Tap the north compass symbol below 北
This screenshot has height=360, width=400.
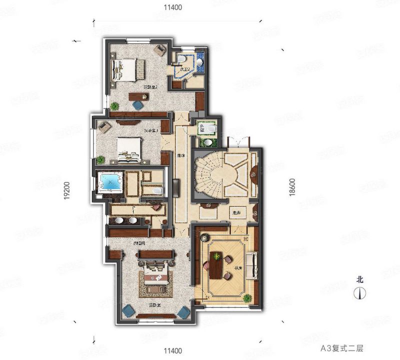pos(358,293)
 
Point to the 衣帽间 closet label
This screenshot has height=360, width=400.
pos(139,243)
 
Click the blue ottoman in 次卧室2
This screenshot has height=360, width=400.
pos(136,105)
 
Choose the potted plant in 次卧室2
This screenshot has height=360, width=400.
pos(115,106)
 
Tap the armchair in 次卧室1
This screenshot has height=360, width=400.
pos(104,127)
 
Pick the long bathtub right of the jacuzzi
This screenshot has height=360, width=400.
pos(151,190)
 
